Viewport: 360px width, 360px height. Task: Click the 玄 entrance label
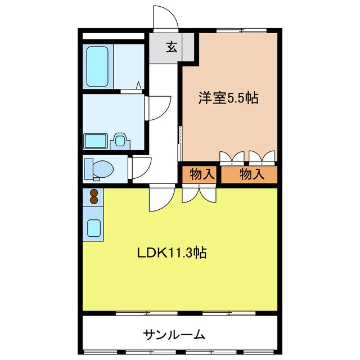[x=172, y=47]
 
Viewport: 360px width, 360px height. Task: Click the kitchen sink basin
[x=93, y=228]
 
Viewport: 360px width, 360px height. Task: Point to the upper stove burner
[x=93, y=193]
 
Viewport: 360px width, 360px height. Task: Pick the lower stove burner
[x=93, y=200]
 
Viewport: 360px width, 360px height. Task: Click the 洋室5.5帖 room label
[x=227, y=98]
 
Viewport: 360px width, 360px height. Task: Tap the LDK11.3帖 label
[x=172, y=253]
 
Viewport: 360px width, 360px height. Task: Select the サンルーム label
[x=173, y=335]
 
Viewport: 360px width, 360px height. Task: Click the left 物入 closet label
[x=201, y=174]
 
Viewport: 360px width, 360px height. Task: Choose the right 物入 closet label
[x=251, y=174]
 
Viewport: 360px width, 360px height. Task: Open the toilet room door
[x=141, y=168]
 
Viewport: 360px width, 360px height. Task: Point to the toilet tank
[x=88, y=168]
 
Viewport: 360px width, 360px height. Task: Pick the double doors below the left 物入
[x=199, y=192]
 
